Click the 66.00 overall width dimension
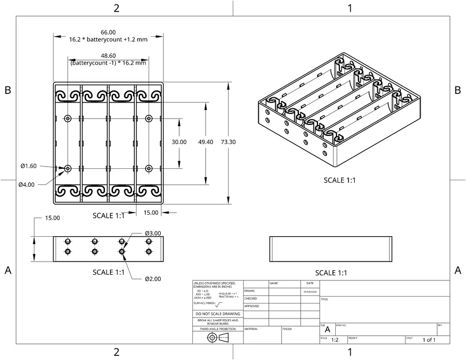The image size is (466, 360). [x=108, y=32]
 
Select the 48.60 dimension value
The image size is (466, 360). [x=108, y=55]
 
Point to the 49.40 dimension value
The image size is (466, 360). [x=206, y=142]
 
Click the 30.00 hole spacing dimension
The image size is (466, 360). [x=179, y=142]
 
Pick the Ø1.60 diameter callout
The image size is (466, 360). [x=28, y=166]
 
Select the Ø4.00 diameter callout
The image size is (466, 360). [x=26, y=184]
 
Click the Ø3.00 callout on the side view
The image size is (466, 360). [x=153, y=233]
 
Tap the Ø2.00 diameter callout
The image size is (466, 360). [x=153, y=278]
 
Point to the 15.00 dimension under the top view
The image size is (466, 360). [x=151, y=213]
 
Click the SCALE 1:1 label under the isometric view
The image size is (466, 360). [x=339, y=180]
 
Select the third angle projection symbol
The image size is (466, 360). [x=218, y=337]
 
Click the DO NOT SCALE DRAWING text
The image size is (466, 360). [x=218, y=314]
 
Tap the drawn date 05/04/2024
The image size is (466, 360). [x=310, y=291]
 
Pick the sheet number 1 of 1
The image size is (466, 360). [x=429, y=340]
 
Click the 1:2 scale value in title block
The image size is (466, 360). [x=335, y=340]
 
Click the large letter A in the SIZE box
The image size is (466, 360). [x=327, y=330]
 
